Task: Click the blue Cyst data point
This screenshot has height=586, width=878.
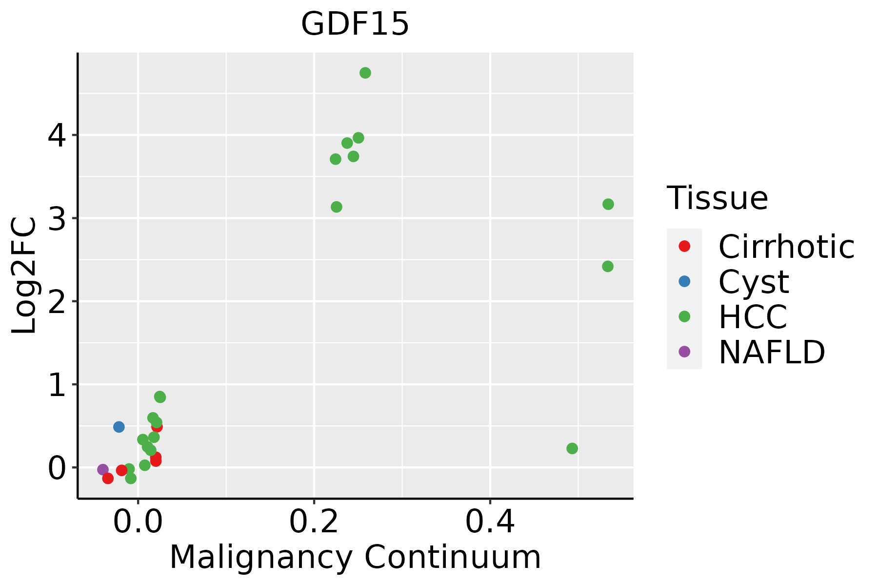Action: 119,427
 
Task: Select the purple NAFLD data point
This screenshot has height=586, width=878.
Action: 103,470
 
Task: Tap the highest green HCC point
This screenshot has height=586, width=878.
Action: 365,73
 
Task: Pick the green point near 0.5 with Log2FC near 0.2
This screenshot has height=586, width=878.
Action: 572,448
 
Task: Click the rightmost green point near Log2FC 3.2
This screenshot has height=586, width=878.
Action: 608,204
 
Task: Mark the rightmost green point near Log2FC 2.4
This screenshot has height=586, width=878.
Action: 608,266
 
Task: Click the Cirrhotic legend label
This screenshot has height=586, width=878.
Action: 786,247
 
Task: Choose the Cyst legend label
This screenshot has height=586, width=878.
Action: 754,282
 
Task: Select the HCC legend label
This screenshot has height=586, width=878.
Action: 753,317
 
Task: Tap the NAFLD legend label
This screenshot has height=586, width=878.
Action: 772,352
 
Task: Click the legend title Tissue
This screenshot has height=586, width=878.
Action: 717,198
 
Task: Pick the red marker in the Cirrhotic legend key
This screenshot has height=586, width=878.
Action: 684,246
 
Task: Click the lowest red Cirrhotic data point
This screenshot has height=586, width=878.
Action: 108,478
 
